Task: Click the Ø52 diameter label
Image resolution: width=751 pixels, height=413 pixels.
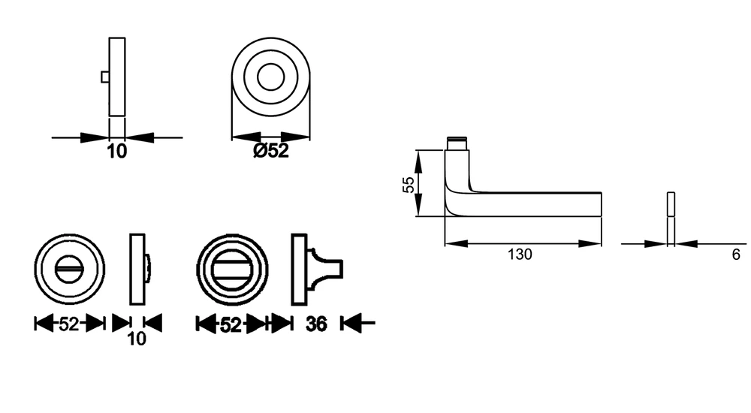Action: [271, 151]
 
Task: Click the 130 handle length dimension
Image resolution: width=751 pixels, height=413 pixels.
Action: [520, 255]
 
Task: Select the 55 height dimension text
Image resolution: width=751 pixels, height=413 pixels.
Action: [409, 185]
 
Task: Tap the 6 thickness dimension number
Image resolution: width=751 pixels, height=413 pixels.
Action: [736, 255]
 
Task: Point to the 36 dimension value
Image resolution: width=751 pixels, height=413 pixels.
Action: [316, 324]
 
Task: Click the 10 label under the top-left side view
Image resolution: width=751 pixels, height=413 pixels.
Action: [117, 152]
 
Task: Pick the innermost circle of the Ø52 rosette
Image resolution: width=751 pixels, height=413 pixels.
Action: [270, 77]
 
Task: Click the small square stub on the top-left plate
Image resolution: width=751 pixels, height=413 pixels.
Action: [105, 77]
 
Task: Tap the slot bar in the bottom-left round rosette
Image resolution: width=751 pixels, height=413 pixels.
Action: [69, 269]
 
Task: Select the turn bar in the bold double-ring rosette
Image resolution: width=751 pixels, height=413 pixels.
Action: [232, 269]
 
